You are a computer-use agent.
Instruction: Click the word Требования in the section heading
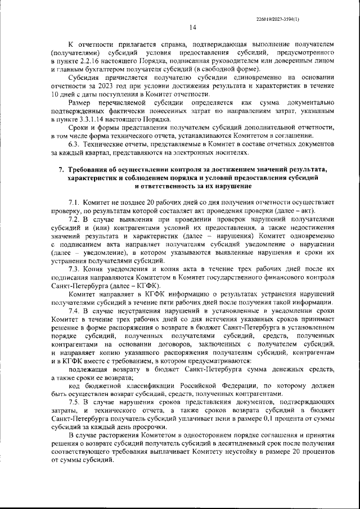pos(93,169)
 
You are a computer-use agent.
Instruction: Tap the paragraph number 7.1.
pos(75,202)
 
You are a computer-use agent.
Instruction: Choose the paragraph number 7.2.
pos(75,219)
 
